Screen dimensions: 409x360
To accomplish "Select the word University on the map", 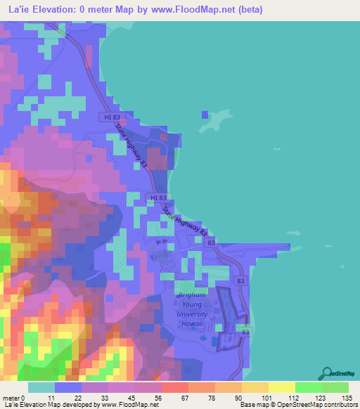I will click(192, 316).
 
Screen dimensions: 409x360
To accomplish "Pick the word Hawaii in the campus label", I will click(191, 324).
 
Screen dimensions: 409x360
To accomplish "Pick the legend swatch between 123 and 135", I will click(335, 387).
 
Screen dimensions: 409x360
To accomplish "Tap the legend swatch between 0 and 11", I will click(41, 387).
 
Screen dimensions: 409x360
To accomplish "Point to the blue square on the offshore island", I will click(205, 115).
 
